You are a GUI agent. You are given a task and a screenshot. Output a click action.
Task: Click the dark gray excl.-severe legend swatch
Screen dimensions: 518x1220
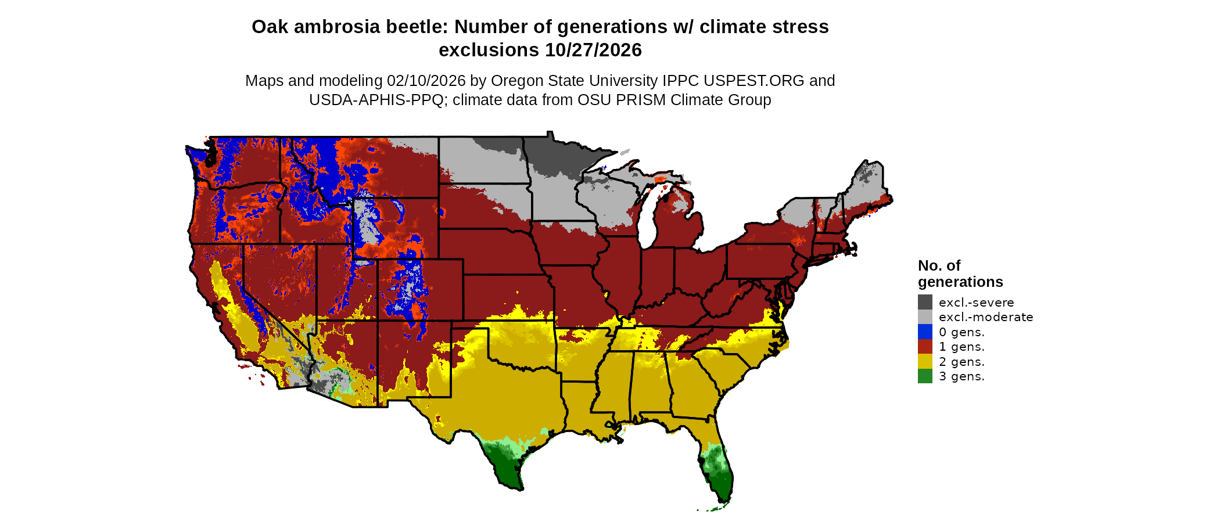(x=925, y=302)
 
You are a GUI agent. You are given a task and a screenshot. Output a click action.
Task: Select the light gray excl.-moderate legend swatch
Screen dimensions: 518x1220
(x=925, y=317)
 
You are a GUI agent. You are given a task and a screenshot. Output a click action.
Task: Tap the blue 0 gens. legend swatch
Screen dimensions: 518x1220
(x=925, y=332)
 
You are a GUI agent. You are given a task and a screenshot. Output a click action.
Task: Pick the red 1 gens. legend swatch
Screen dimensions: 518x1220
(x=925, y=347)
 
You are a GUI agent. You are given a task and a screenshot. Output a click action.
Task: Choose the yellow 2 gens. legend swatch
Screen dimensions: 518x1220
(x=925, y=361)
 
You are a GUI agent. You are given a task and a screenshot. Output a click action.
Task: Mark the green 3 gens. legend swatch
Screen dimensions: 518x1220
(x=925, y=376)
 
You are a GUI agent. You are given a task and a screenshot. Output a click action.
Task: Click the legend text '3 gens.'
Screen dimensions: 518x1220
(x=961, y=376)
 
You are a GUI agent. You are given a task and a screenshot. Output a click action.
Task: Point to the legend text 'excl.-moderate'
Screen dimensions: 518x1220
(x=986, y=317)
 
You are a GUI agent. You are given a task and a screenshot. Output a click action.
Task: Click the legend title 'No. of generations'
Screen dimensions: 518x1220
(x=960, y=274)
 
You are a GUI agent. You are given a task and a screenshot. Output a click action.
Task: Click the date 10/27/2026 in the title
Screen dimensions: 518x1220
(x=593, y=50)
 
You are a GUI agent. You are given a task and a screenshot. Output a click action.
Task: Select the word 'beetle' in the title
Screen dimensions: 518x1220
(x=420, y=27)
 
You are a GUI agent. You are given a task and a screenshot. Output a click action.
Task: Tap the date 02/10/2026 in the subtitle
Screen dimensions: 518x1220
(x=426, y=81)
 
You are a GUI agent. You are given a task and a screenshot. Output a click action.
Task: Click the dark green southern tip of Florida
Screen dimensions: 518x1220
(x=720, y=485)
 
